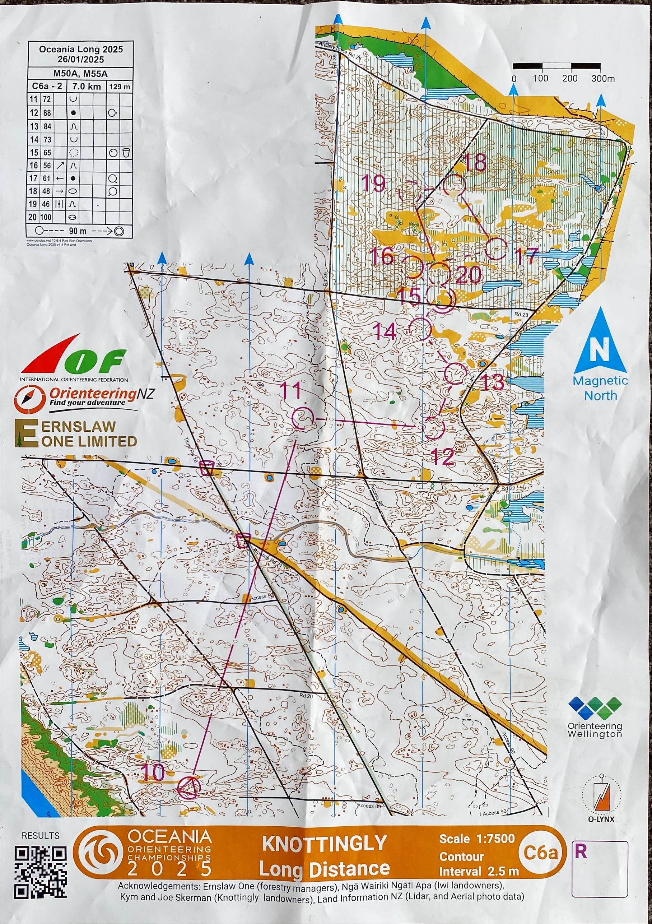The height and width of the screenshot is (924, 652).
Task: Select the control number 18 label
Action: tap(475, 163)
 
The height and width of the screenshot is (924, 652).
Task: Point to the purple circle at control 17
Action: tap(496, 249)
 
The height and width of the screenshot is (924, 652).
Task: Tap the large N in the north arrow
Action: tap(599, 350)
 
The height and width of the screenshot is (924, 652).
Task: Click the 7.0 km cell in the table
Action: tap(87, 86)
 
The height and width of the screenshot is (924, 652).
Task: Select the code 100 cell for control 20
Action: tap(46, 217)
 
